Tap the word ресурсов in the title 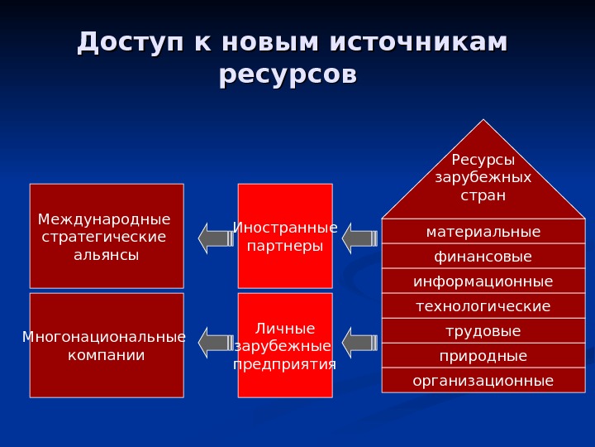(288, 74)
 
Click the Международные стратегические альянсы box (107, 236)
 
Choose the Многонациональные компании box (107, 345)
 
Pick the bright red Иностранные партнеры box (285, 236)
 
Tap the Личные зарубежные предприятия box (285, 345)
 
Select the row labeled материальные (483, 232)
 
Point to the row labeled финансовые (483, 257)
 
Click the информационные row (483, 281)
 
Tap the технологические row (483, 306)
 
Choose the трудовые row (483, 331)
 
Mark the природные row (483, 356)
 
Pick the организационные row (483, 381)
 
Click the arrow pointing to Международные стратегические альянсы (216, 238)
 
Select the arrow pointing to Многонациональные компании (216, 343)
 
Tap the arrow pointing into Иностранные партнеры (359, 238)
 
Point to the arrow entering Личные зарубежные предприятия (359, 343)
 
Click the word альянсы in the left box (107, 255)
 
